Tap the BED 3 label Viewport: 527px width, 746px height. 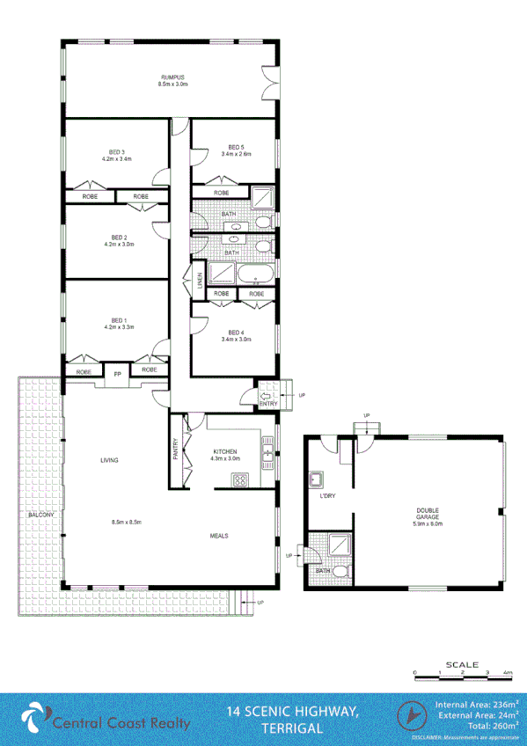116,152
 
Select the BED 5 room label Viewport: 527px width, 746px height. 236,147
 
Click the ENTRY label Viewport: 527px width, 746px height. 268,404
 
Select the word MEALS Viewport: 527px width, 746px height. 220,535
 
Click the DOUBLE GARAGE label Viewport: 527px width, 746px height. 428,514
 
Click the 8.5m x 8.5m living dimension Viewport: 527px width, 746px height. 128,523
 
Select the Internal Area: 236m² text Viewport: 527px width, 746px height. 475,704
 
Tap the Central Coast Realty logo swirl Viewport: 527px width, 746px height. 33,716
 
